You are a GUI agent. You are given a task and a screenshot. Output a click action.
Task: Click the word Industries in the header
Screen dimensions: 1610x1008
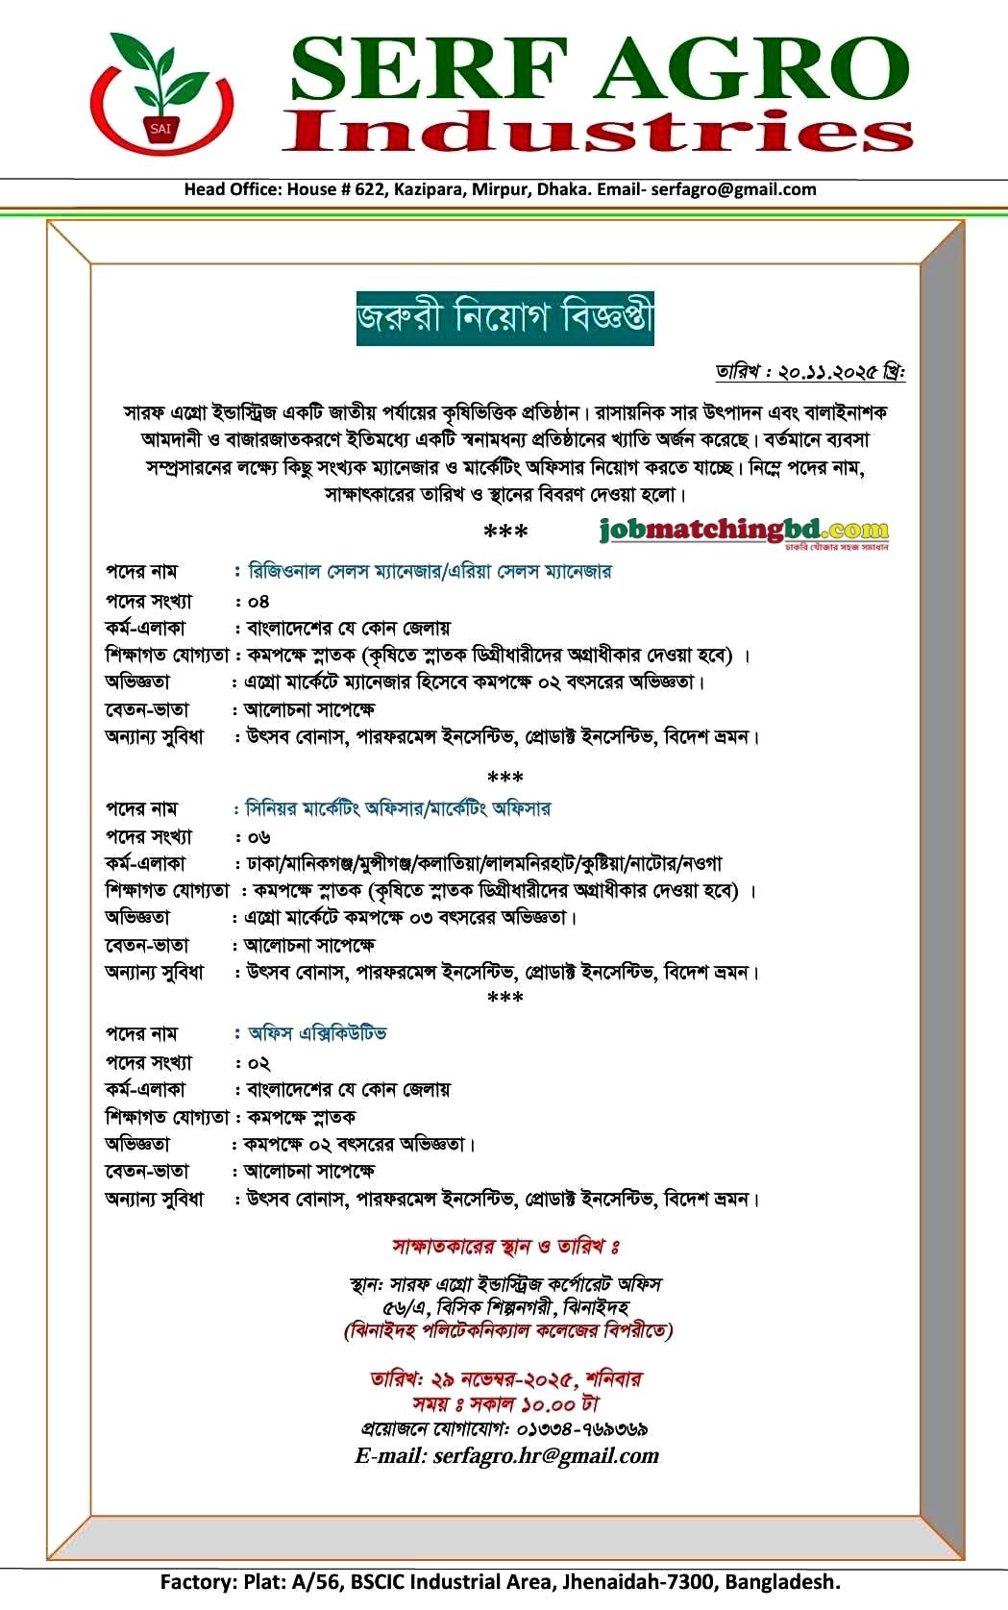[x=598, y=131]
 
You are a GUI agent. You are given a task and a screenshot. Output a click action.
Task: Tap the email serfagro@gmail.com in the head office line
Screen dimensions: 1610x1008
[x=733, y=189]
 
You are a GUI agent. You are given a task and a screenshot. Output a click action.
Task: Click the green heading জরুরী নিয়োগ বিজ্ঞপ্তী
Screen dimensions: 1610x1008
[x=504, y=318]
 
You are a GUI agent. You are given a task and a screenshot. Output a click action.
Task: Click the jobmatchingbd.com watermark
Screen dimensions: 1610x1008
[x=744, y=530]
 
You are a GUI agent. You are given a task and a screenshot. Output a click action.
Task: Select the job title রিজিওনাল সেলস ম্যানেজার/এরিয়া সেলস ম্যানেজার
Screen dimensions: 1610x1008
[x=430, y=572]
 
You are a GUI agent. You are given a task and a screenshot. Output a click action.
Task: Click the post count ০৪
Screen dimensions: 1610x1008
[x=258, y=602]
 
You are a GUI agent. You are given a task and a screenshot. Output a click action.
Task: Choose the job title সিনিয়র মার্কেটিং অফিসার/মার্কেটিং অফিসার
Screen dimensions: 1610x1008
[x=399, y=808]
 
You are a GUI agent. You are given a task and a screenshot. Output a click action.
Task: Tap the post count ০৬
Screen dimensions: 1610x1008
[x=258, y=837]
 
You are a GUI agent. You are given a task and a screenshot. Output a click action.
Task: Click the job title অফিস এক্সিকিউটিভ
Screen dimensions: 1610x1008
[x=317, y=1033]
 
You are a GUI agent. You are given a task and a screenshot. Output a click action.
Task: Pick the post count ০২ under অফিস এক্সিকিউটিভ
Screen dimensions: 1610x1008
[x=258, y=1063]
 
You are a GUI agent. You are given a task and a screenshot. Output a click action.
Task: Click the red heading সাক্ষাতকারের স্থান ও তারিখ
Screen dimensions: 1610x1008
[x=505, y=1247]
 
